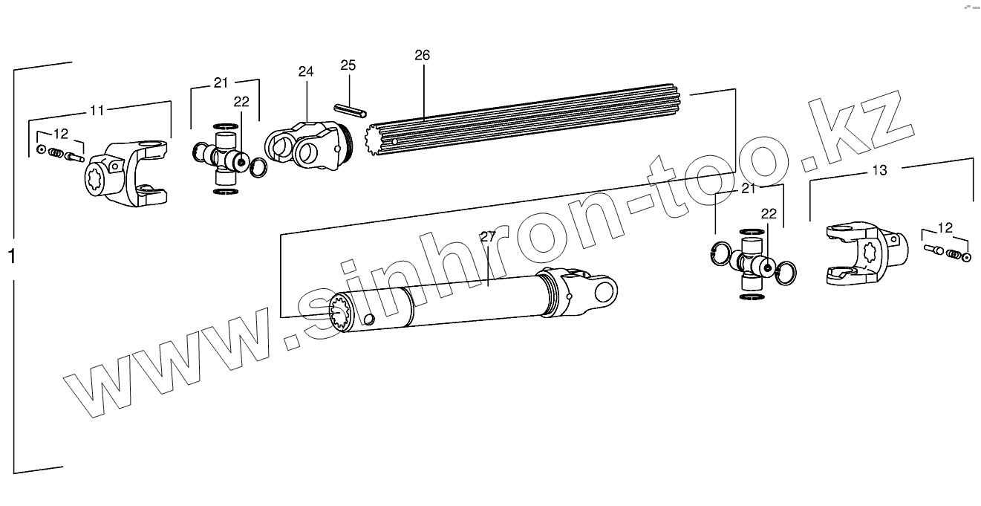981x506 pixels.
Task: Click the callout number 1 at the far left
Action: pos(11,257)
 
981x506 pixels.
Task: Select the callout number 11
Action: pos(97,111)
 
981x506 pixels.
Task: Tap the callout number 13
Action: pos(879,170)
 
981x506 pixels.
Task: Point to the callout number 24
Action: pos(306,71)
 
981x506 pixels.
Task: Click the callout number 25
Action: pos(348,65)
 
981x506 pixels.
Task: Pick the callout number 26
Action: pos(422,56)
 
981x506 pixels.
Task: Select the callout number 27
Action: pos(487,237)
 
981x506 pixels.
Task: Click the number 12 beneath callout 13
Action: pos(945,227)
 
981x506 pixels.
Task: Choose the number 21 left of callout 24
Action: pos(221,82)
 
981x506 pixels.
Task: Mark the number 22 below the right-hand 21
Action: pos(768,213)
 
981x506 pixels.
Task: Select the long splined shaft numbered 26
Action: pos(520,119)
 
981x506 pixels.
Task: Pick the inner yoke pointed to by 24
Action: pos(304,143)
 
